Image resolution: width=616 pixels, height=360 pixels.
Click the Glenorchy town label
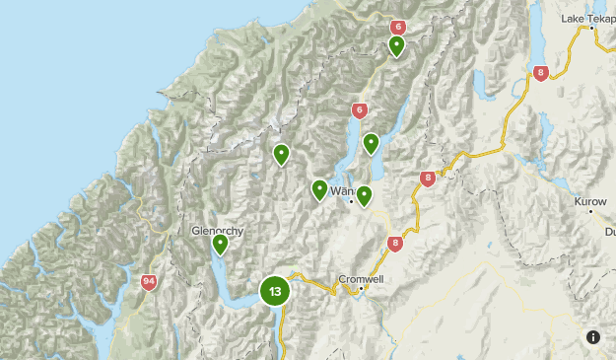216,231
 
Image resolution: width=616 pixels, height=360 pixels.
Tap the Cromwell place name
359,278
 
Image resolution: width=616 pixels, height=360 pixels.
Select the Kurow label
590,200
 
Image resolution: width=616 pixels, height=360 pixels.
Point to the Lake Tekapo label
587,19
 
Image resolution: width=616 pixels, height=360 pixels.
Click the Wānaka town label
342,190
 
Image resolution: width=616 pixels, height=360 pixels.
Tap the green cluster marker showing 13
275,291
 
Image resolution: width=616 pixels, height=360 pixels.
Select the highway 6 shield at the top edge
398,28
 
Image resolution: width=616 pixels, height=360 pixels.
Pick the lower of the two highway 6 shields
360,109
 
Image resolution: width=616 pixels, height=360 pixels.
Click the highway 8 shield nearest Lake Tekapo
540,73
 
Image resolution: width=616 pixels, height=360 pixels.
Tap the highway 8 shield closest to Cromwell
395,243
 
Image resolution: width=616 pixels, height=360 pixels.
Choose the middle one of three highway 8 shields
427,179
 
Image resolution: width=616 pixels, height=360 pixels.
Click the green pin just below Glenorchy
220,244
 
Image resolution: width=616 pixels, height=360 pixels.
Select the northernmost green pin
396,45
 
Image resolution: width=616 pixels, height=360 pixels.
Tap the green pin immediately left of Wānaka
319,189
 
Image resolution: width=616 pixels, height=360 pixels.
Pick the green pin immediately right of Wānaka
364,195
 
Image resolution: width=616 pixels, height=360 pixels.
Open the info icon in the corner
592,336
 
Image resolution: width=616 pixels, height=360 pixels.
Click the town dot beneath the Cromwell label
362,289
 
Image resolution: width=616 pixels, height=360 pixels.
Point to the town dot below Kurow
591,211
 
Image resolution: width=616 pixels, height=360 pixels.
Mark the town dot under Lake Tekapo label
592,29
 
